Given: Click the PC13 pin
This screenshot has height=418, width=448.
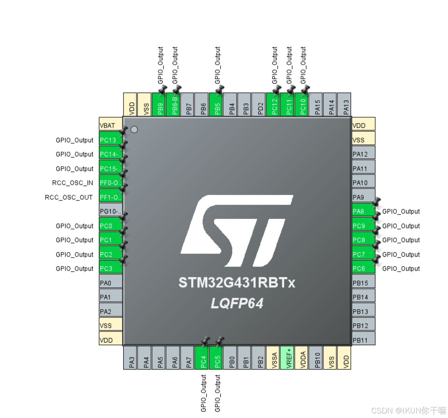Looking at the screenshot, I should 110,140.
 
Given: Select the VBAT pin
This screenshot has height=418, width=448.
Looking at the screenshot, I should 110,125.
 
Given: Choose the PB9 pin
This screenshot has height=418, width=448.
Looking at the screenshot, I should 160,105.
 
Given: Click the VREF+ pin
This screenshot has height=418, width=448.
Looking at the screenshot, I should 288,358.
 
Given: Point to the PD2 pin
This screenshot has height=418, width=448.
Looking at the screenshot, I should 260,105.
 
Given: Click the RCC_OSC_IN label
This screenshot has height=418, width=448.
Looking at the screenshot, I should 73,183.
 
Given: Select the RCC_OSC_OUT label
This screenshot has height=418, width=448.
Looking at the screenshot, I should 69,197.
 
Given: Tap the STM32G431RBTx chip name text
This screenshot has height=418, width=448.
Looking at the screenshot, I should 237,283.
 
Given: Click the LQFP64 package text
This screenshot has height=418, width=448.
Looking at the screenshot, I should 237,303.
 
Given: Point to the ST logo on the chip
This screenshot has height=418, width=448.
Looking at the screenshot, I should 237,230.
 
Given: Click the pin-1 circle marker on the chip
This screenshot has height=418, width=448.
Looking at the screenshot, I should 134,129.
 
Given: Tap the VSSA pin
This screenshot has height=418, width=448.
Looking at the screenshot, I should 274,358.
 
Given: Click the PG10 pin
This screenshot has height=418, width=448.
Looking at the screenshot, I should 110,211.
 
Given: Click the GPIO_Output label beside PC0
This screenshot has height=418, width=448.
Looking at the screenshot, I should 74,226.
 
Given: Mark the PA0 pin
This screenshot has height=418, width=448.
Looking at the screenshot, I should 110,283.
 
